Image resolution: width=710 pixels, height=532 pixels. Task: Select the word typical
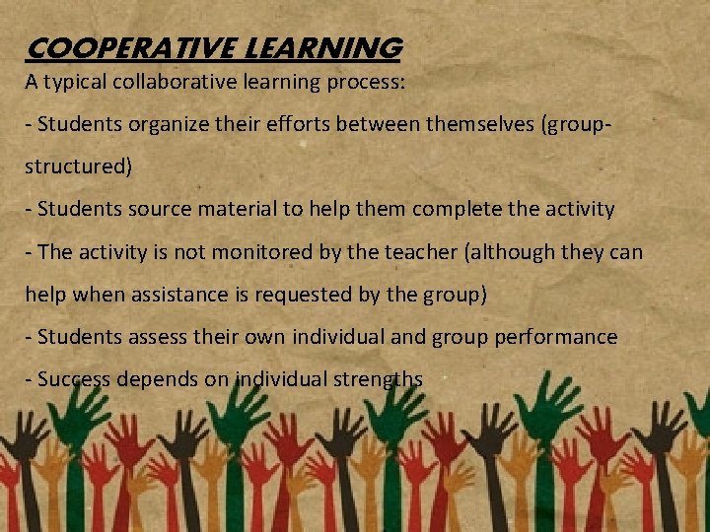(x=73, y=83)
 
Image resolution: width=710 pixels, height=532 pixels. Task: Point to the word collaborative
(x=175, y=83)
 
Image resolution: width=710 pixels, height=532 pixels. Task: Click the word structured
(x=77, y=166)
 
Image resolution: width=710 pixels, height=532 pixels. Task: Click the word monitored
(x=230, y=252)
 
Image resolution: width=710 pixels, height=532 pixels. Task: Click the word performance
(x=557, y=337)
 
